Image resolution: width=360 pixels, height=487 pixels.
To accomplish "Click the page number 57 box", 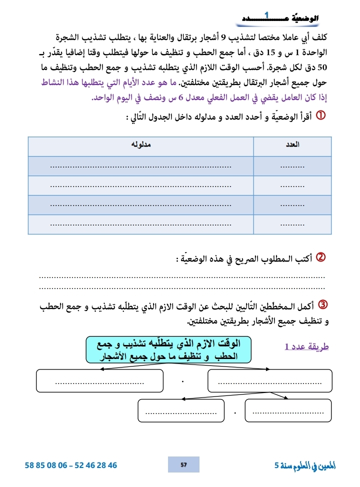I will (x=183, y=464).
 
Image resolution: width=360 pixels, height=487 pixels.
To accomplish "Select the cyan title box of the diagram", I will (x=169, y=349).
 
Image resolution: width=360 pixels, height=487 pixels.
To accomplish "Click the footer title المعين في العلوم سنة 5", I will (x=305, y=465).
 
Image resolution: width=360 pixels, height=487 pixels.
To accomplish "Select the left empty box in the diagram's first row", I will (x=100, y=381).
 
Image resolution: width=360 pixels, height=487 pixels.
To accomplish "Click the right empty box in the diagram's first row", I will (x=269, y=381).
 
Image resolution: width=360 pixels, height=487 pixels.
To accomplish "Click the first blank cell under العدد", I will (x=292, y=166).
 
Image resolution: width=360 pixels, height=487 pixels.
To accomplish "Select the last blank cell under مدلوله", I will (x=141, y=224).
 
